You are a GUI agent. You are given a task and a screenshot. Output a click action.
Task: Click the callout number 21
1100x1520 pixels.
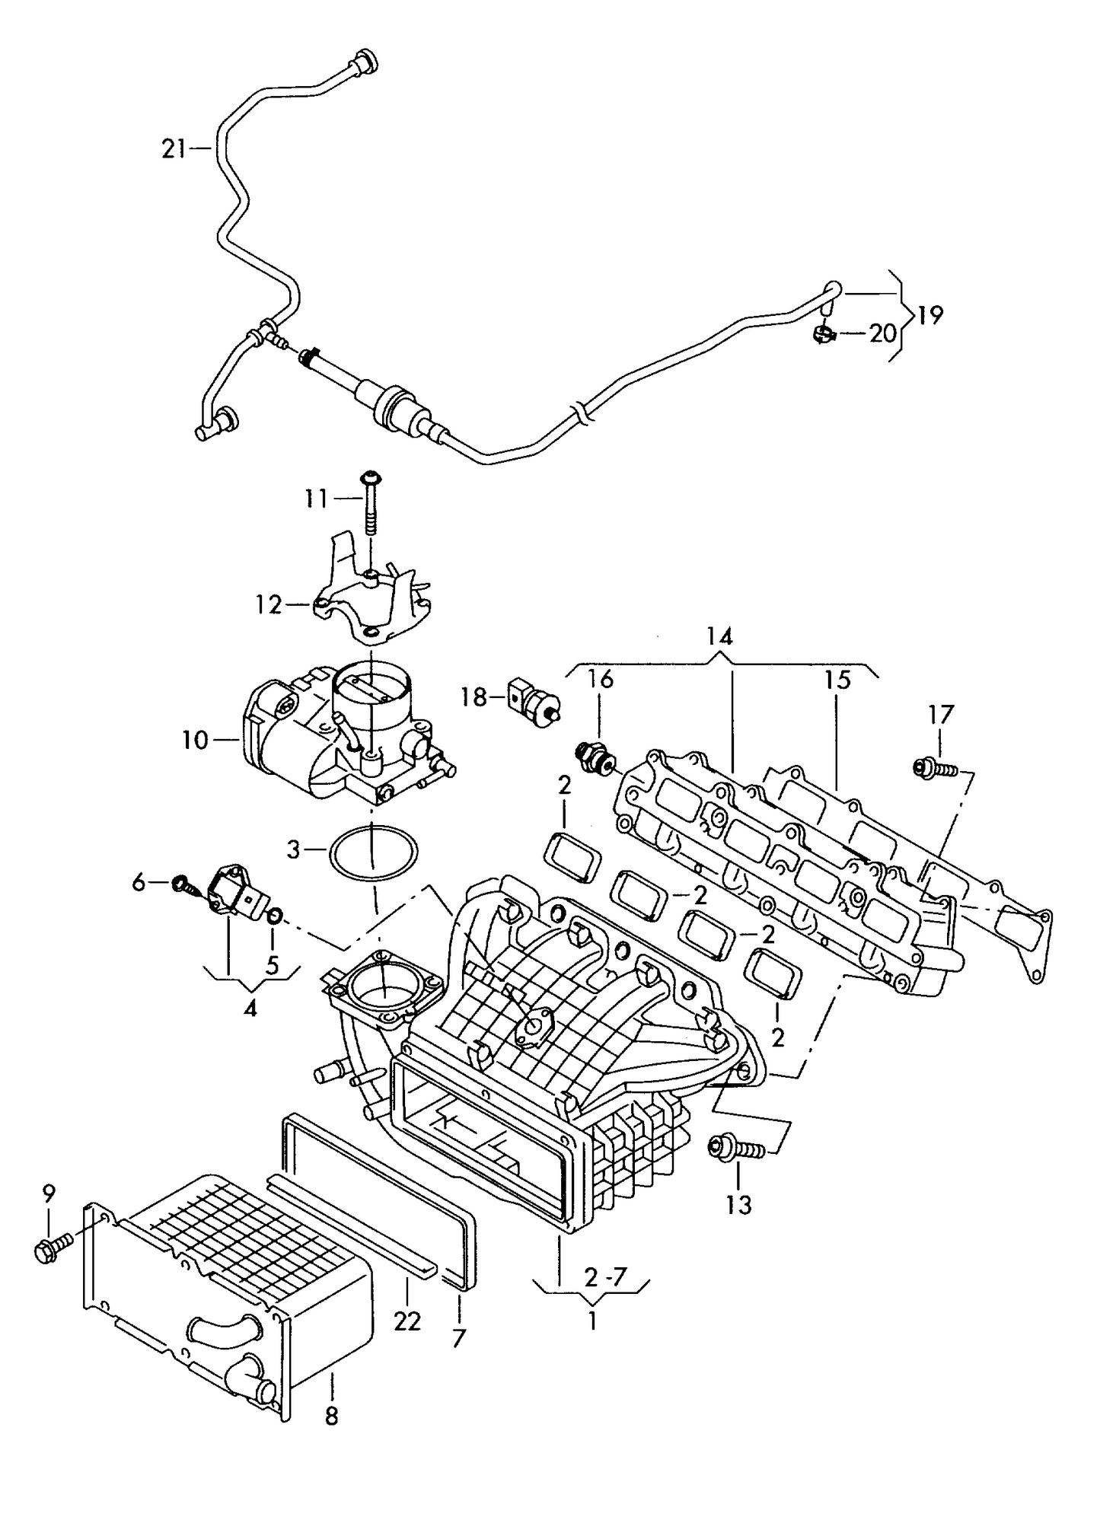point(174,148)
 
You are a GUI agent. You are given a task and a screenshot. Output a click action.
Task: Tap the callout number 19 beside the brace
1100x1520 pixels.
point(929,314)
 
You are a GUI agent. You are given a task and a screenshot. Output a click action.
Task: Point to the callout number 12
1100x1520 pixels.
point(269,605)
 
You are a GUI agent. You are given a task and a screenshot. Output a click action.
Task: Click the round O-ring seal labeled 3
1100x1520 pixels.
point(374,852)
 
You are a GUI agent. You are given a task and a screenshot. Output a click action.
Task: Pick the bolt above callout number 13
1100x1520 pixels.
point(735,1168)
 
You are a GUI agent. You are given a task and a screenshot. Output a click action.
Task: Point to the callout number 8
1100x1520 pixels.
point(331,1416)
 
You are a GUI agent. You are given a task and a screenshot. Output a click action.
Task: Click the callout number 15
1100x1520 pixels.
point(837,680)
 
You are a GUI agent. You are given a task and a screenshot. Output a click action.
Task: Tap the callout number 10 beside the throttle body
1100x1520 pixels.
point(195,739)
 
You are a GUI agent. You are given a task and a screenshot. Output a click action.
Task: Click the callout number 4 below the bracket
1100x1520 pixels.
point(250,1009)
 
